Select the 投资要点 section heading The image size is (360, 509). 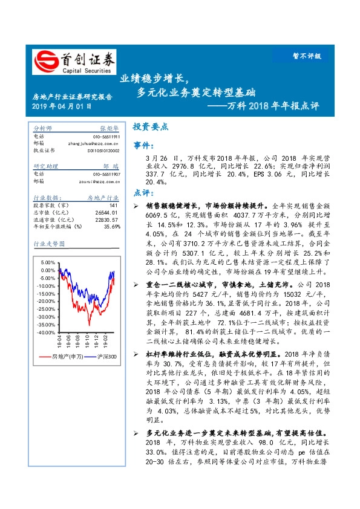tap(150, 127)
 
